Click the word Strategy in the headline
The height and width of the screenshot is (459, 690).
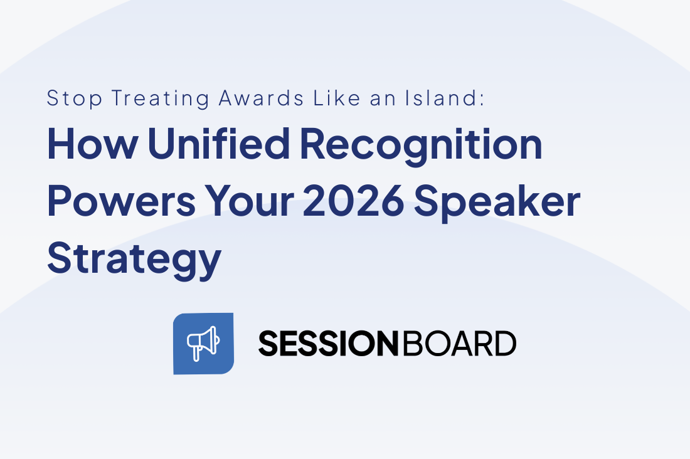134,258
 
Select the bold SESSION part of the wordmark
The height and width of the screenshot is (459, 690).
328,344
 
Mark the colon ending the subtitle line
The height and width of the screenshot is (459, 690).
482,100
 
